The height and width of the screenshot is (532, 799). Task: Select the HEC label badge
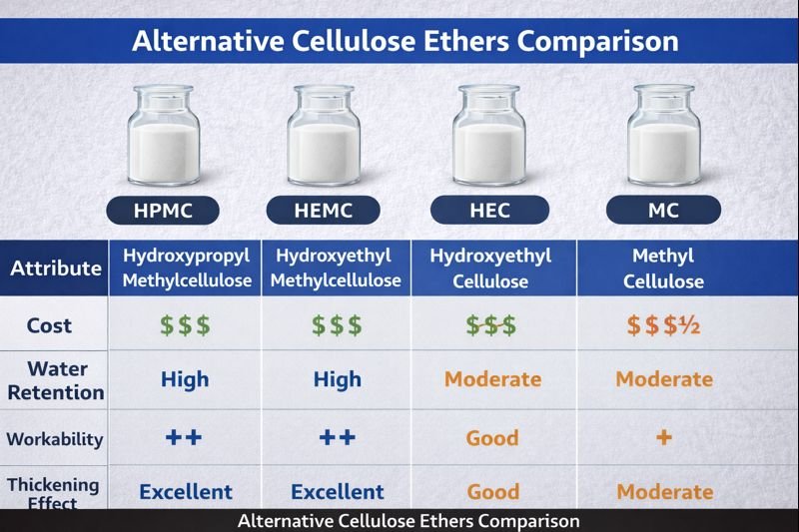coord(489,210)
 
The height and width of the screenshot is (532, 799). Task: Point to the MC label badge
coord(663,210)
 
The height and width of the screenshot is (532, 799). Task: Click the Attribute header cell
coord(56,267)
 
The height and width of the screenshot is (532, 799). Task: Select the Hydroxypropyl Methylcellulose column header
coord(187,267)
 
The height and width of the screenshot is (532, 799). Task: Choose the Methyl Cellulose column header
coord(663,267)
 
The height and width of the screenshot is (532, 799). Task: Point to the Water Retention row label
coord(56,380)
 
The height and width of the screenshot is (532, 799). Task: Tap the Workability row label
coord(56,438)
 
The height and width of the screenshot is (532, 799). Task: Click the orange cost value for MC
coord(663,325)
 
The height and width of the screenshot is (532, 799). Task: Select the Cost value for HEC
coord(490,325)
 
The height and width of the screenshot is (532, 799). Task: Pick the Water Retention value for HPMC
coord(185,379)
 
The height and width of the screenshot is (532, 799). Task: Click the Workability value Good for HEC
coord(492,438)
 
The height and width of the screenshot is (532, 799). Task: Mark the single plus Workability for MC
coord(663,438)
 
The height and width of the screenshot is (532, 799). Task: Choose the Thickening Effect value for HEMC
coord(337,492)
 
